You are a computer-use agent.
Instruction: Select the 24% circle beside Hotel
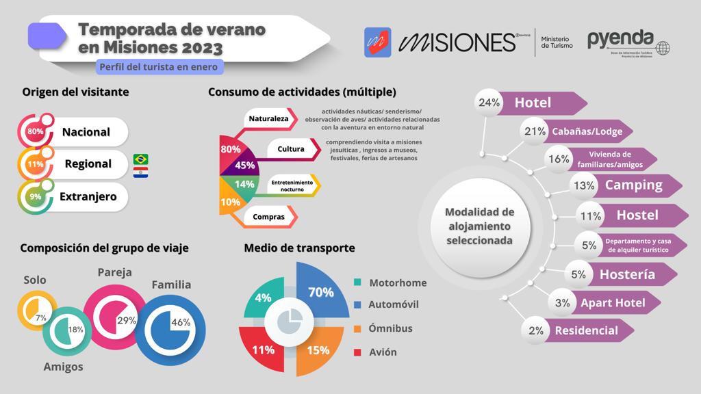coord(489,103)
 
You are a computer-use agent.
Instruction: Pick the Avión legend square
coord(358,352)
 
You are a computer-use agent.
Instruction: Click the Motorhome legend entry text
coord(398,283)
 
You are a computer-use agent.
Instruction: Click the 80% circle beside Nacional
coord(36,131)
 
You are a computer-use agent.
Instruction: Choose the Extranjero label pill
coord(88,197)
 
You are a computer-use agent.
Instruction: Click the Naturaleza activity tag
coord(269,119)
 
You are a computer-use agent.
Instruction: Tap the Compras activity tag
coord(269,218)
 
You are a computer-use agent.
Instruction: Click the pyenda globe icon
coord(663,49)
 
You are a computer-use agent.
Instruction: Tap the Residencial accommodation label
coord(586,330)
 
